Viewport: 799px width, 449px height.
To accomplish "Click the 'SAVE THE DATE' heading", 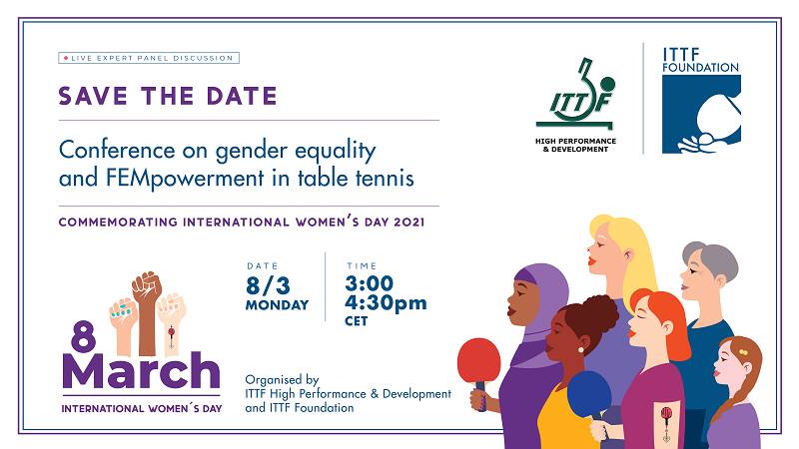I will pyautogui.click(x=167, y=97).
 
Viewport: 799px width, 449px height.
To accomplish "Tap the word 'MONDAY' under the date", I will pyautogui.click(x=277, y=304).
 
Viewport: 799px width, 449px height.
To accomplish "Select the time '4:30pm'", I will pyautogui.click(x=387, y=302).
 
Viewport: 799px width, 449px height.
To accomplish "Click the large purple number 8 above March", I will pyautogui.click(x=82, y=339).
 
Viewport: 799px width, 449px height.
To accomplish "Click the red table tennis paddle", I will pyautogui.click(x=478, y=360).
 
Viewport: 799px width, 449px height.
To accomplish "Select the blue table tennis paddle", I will pyautogui.click(x=588, y=393).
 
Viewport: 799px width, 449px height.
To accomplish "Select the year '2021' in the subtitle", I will pyautogui.click(x=405, y=222).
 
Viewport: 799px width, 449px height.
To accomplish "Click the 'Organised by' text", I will pyautogui.click(x=284, y=380).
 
